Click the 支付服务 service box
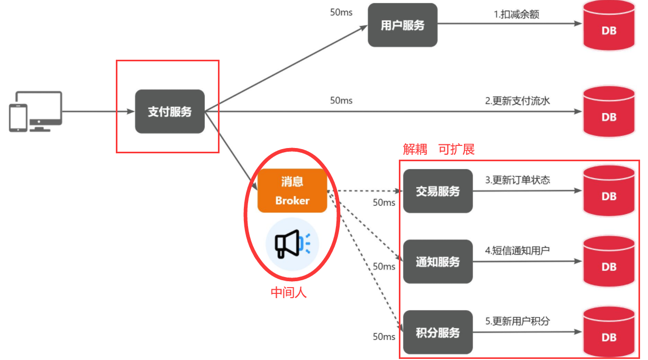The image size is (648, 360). click(170, 112)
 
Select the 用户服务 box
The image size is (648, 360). click(403, 25)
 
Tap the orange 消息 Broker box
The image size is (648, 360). click(292, 191)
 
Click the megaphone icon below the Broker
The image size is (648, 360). click(292, 244)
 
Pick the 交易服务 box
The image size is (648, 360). click(437, 191)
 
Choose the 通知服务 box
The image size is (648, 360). click(437, 262)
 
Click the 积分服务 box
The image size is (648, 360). click(437, 333)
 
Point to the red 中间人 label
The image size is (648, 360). click(289, 292)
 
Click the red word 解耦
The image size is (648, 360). click(415, 150)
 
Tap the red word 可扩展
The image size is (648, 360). click(457, 150)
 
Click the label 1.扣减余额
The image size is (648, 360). click(516, 14)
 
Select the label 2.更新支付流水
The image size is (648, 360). click(517, 100)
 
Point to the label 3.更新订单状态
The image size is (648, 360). click(517, 180)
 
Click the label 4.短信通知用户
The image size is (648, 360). click(517, 250)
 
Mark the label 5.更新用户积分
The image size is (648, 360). click(517, 321)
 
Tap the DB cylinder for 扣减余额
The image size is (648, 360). click(608, 26)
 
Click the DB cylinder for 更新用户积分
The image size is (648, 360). click(608, 333)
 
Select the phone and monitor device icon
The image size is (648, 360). click(35, 112)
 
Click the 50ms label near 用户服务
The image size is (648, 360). click(341, 12)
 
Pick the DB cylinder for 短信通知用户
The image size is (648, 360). click(608, 262)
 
